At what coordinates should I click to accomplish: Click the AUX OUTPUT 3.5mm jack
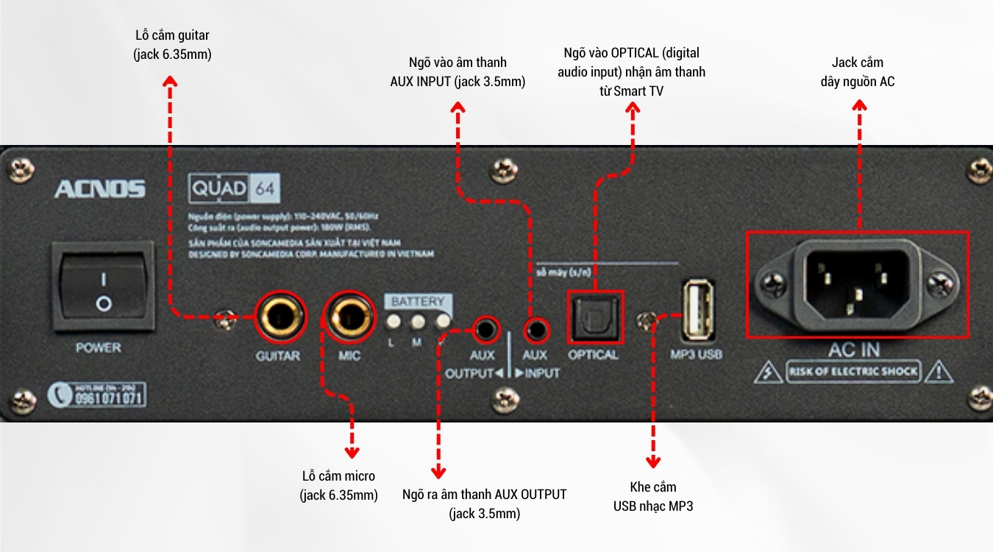point(484,328)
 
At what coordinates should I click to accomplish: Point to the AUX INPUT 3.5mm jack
point(535,328)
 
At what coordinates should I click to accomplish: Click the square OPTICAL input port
point(595,318)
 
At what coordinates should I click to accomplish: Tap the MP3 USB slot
point(697,308)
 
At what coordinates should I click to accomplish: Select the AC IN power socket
point(857,283)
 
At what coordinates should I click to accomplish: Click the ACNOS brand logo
point(99,189)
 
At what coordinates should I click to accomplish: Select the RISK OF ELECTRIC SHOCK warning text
point(853,372)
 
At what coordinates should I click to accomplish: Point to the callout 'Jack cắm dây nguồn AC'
point(858,71)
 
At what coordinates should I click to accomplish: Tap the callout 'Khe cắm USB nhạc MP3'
point(653,497)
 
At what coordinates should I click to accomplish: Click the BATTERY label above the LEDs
point(417,302)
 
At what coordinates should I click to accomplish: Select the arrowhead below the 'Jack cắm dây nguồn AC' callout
point(858,105)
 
